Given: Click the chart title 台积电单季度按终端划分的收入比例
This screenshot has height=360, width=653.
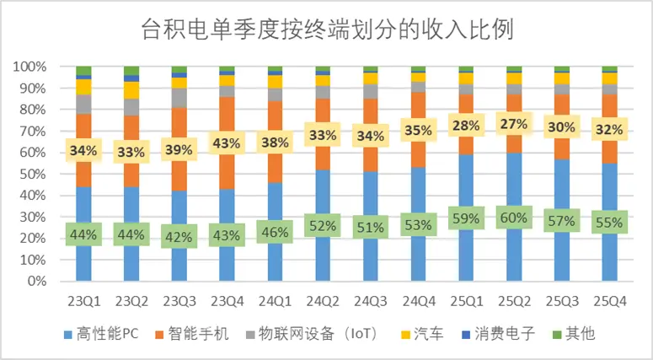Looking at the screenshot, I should coord(326,30).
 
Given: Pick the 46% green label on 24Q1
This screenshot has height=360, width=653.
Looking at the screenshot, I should coord(276,229).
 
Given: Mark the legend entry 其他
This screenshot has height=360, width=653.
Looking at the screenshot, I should coord(575,334).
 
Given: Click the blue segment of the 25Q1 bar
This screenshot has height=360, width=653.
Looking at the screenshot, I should coord(468,253).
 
